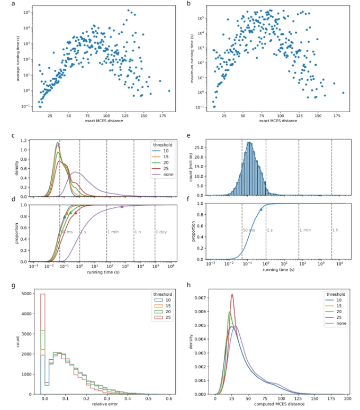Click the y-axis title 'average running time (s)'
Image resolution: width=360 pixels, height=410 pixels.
coord(20,58)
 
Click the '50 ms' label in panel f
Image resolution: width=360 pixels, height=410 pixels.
coord(247,230)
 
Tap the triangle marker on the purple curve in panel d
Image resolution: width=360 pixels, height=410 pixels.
coord(122,206)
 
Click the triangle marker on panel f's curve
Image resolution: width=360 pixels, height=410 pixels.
coord(260,209)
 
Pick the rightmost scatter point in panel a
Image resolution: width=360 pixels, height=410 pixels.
coord(169,90)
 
